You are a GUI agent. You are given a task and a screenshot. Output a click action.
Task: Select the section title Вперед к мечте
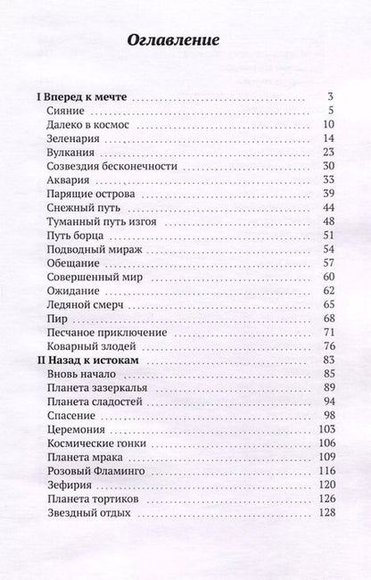(76, 96)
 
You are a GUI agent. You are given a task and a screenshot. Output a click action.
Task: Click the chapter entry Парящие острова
(89, 194)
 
